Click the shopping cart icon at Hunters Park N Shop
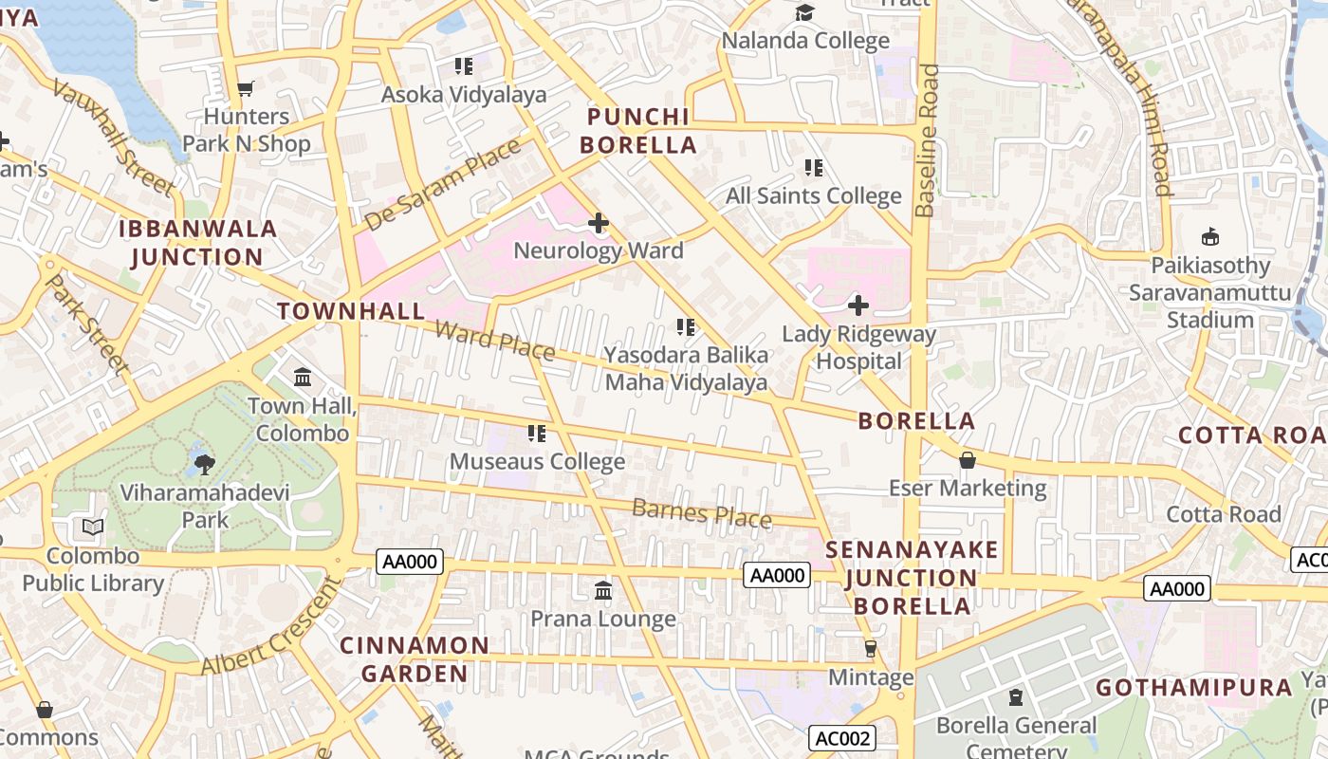[x=245, y=89]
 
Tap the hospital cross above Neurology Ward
[x=598, y=224]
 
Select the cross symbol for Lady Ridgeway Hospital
[x=858, y=305]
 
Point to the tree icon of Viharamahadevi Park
[x=204, y=464]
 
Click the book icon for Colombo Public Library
[x=92, y=527]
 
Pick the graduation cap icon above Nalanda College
[x=804, y=12]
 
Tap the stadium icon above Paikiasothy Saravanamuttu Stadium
[x=1209, y=237]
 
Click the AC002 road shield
[x=842, y=738]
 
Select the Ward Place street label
[x=494, y=340]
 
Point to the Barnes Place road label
[x=701, y=512]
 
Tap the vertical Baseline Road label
[x=928, y=140]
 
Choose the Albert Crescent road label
[x=271, y=627]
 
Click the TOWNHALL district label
[x=351, y=311]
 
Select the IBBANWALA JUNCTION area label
[x=197, y=243]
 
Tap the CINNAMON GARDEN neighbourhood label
[x=415, y=659]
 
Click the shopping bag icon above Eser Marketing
[x=967, y=460]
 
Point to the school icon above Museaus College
[x=537, y=434]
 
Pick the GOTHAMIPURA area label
[x=1194, y=688]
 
